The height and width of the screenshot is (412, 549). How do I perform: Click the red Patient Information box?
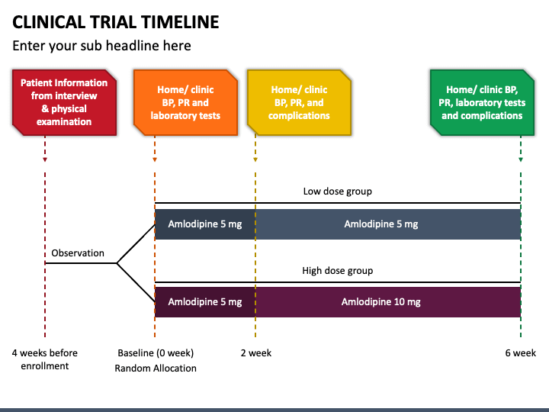64,102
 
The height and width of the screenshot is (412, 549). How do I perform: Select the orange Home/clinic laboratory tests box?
185,102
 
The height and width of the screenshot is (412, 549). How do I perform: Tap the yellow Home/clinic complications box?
300,102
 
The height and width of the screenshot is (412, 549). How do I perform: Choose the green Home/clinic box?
482,102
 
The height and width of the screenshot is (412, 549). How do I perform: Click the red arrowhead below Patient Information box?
45,159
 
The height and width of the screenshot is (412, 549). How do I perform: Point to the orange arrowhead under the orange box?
155,159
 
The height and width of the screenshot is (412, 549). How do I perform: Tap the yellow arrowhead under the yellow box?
255,159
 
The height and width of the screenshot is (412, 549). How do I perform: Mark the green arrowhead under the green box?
521,159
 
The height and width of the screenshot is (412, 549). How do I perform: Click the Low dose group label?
338,192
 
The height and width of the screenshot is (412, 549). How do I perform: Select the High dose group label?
338,270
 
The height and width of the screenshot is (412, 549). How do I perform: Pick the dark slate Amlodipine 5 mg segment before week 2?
205,224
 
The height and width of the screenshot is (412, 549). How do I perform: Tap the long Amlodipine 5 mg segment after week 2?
388,224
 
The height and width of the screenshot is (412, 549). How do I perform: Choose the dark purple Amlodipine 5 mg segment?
205,302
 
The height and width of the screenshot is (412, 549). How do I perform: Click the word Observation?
78,253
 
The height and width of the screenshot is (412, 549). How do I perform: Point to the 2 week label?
256,352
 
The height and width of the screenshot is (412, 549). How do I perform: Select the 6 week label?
521,352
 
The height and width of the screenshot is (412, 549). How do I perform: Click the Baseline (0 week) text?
156,352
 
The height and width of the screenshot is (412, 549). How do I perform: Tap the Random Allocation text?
156,369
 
